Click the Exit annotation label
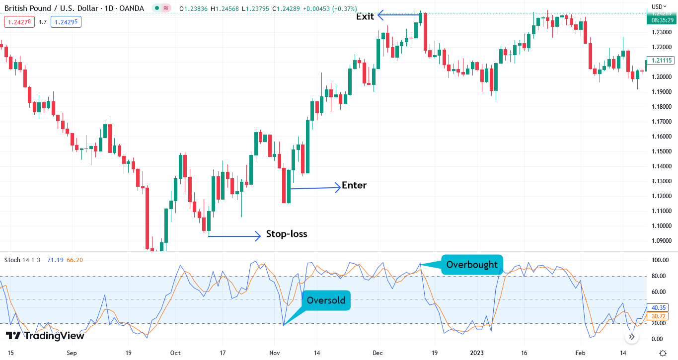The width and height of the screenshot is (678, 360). click(365, 16)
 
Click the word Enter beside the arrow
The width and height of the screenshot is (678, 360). click(354, 185)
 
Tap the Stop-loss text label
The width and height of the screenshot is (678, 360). click(287, 234)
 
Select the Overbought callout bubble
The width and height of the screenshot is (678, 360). click(471, 265)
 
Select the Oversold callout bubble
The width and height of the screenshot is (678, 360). click(326, 300)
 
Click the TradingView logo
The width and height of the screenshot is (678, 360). click(45, 336)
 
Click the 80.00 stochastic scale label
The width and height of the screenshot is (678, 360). click(659, 276)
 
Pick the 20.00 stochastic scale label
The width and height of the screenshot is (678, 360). click(659, 324)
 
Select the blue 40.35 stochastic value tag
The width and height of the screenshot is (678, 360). click(659, 308)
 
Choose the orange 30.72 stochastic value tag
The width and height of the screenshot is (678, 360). click(659, 316)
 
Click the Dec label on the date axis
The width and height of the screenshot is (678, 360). click(377, 353)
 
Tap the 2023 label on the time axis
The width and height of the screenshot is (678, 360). click(477, 353)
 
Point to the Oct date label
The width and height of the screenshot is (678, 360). click(175, 353)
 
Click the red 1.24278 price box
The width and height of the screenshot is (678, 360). click(19, 22)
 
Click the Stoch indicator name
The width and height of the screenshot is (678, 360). click(12, 260)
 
